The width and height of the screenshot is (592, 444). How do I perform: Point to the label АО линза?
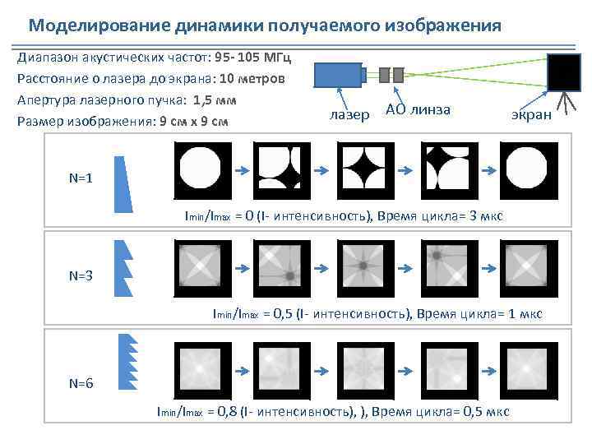(419, 110)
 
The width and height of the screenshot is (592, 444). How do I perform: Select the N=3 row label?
(81, 276)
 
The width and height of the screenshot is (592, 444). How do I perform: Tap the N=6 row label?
(81, 383)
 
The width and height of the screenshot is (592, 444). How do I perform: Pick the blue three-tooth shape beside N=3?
(123, 268)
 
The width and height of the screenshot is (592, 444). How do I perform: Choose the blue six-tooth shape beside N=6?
(127, 361)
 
